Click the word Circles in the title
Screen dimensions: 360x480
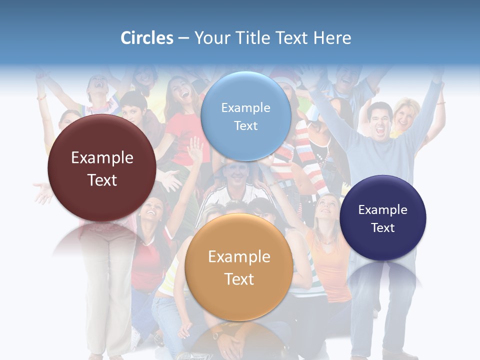pyautogui.click(x=147, y=38)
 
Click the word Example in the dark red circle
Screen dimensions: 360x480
pyautogui.click(x=102, y=158)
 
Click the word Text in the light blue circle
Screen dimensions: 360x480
pyautogui.click(x=245, y=126)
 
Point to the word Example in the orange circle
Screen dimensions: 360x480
pyautogui.click(x=239, y=257)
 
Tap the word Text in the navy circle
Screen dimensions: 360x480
pyautogui.click(x=383, y=228)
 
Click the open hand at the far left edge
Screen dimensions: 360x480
pyautogui.click(x=42, y=192)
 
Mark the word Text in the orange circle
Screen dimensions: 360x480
pyautogui.click(x=239, y=279)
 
